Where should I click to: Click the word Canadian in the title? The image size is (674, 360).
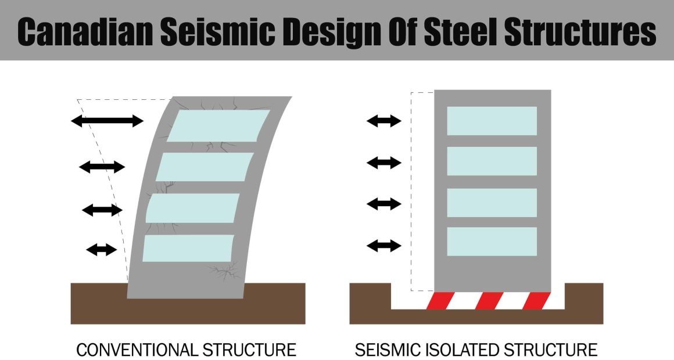click(85, 31)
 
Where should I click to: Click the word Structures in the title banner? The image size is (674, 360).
click(580, 31)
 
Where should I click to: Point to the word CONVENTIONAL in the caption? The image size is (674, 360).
click(137, 350)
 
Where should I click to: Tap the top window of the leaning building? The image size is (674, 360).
click(218, 125)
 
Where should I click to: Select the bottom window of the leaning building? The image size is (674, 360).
click(188, 249)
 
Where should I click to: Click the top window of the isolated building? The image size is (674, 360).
click(492, 121)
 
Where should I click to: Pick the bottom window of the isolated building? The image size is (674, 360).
click(492, 242)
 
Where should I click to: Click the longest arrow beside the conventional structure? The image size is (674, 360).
click(107, 121)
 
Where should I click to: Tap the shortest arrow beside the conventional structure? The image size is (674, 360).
click(102, 249)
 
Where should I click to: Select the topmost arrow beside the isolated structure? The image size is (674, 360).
click(384, 121)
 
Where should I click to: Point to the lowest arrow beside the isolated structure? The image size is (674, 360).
click(384, 246)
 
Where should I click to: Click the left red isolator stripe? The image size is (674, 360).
click(440, 301)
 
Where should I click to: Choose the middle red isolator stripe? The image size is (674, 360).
click(489, 301)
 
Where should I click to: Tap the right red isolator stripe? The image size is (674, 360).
click(536, 301)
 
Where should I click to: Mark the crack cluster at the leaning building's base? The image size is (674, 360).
click(224, 271)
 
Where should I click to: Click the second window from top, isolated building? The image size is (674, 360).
click(492, 161)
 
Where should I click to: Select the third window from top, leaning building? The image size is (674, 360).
click(192, 208)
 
